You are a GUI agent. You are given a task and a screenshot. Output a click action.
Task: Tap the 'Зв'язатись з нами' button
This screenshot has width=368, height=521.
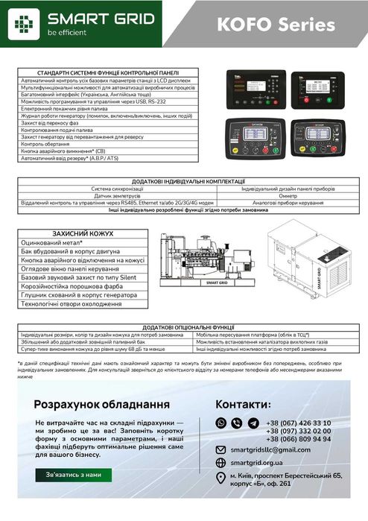tap(73, 474)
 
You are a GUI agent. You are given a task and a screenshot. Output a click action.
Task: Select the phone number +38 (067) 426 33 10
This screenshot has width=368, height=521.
tap(298, 423)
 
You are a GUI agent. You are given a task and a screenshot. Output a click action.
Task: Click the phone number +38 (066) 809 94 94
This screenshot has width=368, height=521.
tap(298, 439)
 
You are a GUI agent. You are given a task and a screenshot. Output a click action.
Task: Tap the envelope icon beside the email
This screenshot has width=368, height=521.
tap(221, 451)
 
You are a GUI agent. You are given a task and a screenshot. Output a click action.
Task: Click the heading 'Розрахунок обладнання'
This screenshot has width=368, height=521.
tap(101, 403)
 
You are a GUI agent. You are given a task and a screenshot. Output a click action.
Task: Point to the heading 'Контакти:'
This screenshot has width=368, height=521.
tap(243, 403)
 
